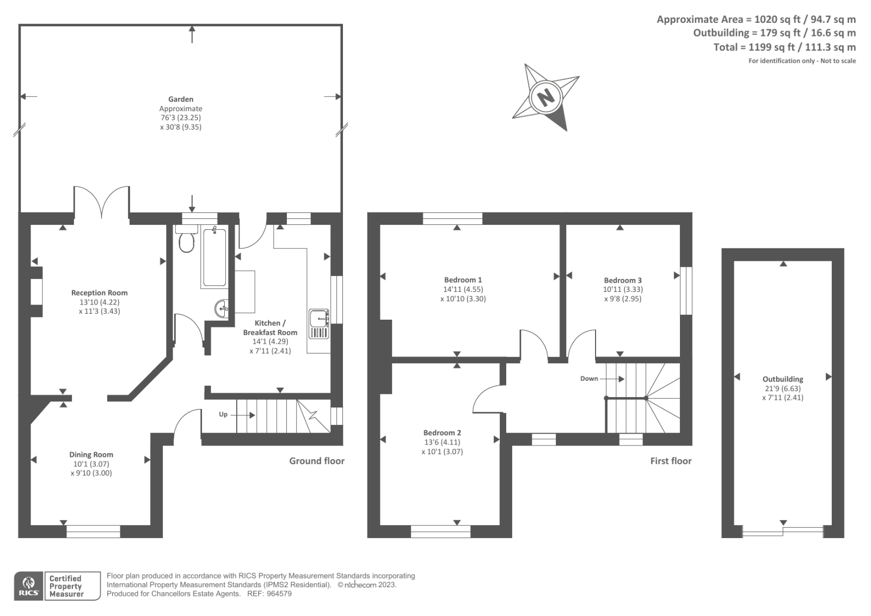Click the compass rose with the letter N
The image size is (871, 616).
(545, 97)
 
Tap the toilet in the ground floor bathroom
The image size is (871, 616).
(187, 240)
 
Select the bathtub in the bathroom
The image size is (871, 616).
(214, 258)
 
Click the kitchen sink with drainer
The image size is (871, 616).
(319, 324)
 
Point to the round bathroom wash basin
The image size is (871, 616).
(222, 309)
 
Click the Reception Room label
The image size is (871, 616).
(100, 292)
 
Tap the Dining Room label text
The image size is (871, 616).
(91, 454)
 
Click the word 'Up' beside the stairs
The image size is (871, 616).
(223, 414)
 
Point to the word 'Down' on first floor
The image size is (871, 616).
(589, 379)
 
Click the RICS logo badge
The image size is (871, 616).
(28, 586)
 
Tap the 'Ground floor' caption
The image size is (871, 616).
(317, 461)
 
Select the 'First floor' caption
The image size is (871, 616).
(671, 461)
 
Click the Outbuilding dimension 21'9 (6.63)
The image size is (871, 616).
(782, 388)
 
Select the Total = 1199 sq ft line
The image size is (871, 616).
(784, 47)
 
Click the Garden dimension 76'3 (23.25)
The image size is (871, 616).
(180, 117)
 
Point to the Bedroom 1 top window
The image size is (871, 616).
(452, 218)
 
